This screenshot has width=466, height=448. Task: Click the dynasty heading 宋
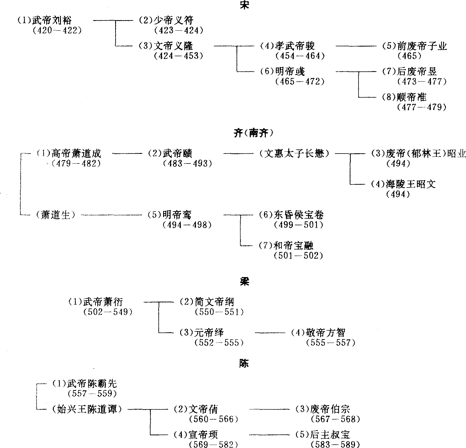click(x=244, y=5)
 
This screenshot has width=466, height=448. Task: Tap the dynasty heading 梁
click(x=244, y=281)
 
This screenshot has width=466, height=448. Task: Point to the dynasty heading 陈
click(x=244, y=364)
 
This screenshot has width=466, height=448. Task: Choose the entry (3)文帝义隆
click(x=166, y=46)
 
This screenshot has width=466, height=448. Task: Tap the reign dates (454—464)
click(x=300, y=56)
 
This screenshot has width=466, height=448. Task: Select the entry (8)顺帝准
click(x=404, y=97)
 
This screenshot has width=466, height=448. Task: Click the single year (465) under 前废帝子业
click(x=410, y=56)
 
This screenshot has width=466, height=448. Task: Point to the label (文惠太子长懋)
click(x=294, y=153)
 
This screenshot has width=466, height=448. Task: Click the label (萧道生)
click(x=55, y=215)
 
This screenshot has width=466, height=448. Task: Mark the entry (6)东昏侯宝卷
click(x=291, y=215)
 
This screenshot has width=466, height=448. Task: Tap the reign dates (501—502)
click(x=298, y=256)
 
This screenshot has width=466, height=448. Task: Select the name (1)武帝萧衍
click(x=95, y=302)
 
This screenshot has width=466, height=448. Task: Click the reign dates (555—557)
click(x=331, y=343)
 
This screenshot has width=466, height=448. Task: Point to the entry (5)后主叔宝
click(x=322, y=435)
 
